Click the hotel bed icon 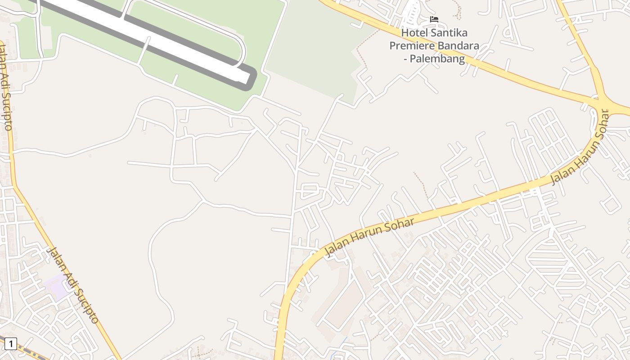click(434, 19)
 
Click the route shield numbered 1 click(10, 344)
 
